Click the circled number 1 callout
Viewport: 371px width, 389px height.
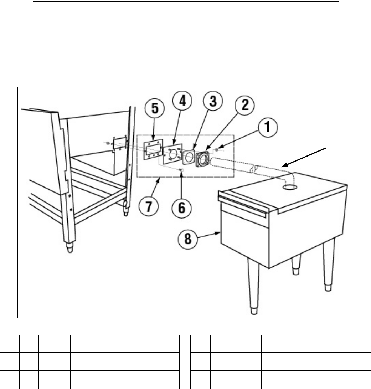(x=268, y=127)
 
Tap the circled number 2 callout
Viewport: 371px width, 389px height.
(x=244, y=105)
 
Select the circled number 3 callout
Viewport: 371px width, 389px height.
(x=213, y=101)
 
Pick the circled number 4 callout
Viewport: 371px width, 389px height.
(x=182, y=101)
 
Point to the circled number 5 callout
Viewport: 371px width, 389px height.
(x=155, y=109)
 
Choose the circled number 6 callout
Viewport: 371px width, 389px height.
(x=182, y=208)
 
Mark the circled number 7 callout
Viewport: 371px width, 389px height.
(x=149, y=206)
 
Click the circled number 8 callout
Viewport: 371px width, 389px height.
(x=188, y=239)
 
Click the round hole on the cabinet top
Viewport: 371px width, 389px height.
(x=290, y=187)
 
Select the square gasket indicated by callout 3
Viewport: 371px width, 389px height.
(x=189, y=157)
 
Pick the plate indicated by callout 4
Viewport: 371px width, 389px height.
(x=173, y=154)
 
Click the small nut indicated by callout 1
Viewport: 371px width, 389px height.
(x=216, y=150)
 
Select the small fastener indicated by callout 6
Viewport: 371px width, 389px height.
(x=181, y=170)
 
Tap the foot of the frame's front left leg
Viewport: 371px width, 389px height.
(x=70, y=248)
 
